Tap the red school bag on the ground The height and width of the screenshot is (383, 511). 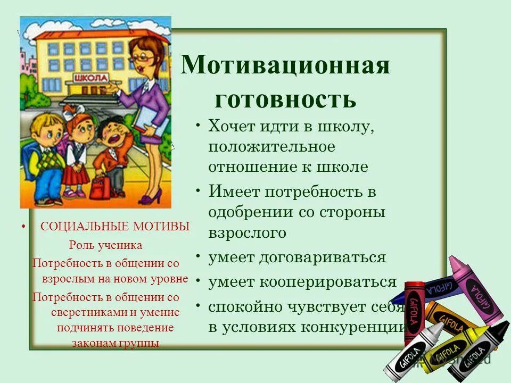[100, 186]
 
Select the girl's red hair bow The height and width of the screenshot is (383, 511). [71, 112]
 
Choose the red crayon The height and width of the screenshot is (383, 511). [414, 309]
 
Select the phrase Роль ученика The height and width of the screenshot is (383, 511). [105, 245]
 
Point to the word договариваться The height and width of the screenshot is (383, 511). [323, 257]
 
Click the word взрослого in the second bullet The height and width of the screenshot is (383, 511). [247, 232]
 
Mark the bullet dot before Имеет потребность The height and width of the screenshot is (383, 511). [198, 190]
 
